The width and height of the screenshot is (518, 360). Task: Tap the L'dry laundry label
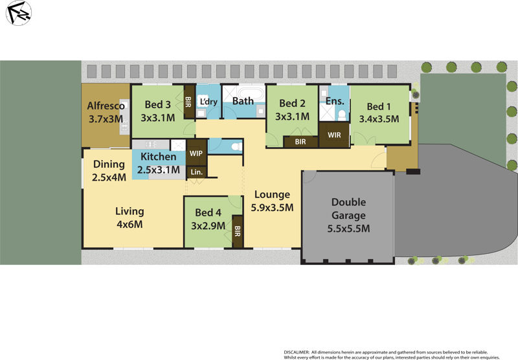point(208,102)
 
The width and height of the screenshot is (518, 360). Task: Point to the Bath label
point(243,101)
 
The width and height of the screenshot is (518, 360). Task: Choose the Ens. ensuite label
point(335,100)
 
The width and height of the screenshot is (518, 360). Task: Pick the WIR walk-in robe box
point(334,135)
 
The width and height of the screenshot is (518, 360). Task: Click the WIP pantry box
point(196,153)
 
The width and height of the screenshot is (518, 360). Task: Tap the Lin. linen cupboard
point(196,172)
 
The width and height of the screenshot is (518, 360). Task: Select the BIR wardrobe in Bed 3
point(188,102)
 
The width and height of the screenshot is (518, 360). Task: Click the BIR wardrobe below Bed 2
point(300,141)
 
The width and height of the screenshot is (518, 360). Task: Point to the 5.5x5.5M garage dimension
point(348,228)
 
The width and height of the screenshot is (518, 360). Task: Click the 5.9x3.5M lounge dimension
point(272,208)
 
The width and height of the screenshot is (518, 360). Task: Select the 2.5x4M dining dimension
point(109,177)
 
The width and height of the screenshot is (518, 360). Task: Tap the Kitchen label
point(158,157)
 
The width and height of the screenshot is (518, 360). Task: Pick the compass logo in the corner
point(19,13)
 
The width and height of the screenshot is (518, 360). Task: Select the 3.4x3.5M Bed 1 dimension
point(379,119)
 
